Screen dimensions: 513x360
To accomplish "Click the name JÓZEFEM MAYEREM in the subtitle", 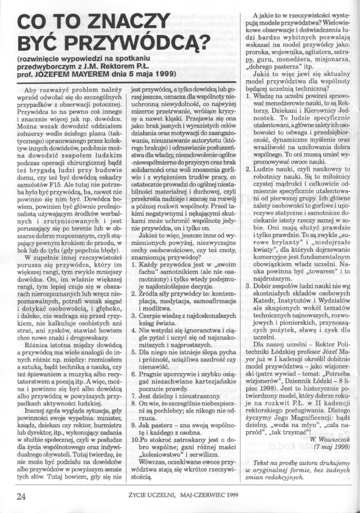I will (61, 73).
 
